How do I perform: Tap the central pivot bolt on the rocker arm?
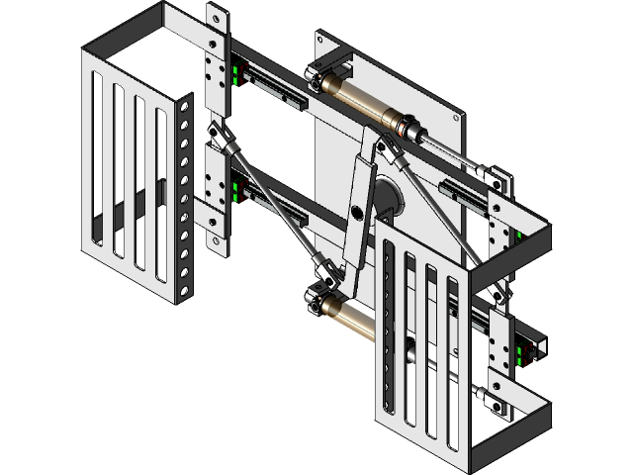coord(356,211)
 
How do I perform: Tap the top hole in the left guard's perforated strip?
coord(185,108)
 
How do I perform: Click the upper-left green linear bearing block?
coord(234,75)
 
